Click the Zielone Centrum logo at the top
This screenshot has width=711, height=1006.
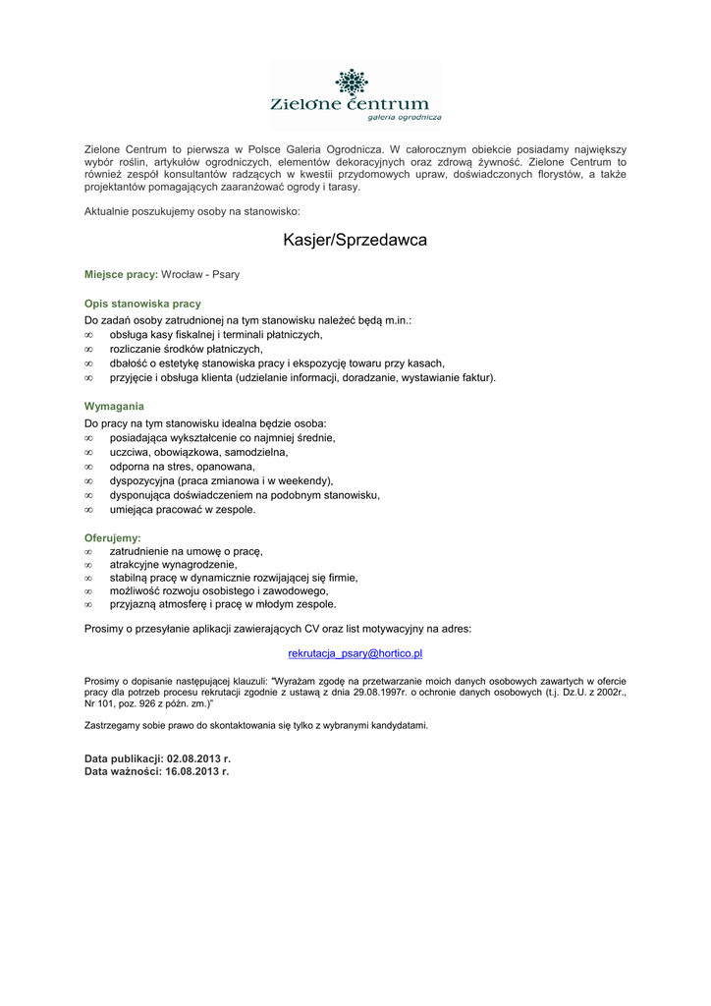355,94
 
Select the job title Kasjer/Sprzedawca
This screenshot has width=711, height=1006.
355,240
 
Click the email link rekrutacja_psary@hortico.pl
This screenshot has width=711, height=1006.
355,652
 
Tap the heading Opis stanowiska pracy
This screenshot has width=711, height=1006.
142,304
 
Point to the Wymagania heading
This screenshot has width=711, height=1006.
114,406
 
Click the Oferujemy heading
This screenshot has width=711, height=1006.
113,537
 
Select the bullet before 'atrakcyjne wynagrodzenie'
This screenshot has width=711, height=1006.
88,565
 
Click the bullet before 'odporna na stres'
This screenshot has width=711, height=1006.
88,467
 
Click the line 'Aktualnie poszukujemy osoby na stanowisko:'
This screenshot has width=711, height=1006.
192,211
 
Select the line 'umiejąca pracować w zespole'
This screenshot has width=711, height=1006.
183,510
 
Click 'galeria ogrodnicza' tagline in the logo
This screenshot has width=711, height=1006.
404,117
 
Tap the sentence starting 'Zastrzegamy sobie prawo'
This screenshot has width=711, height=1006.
256,725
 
